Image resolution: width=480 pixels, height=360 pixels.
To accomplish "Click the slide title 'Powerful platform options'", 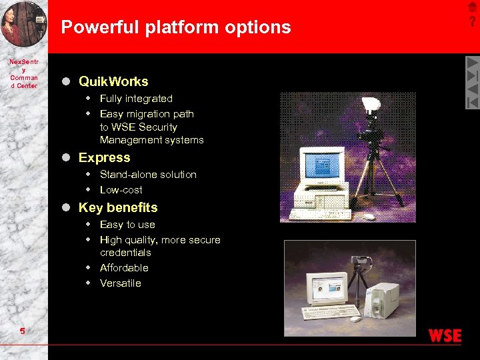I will pos(176,27).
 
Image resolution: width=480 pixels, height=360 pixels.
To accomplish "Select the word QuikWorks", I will pos(113,81).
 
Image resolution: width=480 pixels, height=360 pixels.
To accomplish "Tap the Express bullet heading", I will pos(104,157).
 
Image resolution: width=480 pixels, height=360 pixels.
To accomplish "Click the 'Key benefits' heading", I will pos(118,207).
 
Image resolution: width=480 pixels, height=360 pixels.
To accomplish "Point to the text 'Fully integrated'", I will pos(136,99).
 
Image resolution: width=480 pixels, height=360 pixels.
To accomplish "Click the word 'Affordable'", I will pos(124,268).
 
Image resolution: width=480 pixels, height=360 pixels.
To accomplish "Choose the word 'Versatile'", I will pos(120,283).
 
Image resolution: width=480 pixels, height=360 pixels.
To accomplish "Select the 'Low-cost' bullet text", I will pos(121,190).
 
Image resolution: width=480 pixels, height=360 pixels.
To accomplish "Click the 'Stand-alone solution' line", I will pos(148,175).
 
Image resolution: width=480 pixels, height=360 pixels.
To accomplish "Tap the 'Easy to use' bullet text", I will pos(127,225).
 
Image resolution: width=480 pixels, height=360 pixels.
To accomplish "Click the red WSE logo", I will pos(445,336).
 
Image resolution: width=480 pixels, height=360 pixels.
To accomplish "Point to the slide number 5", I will pos(23,331).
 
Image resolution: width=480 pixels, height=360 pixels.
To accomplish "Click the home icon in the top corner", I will pos(473,7).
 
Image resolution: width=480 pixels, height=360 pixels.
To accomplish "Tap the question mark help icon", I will pos(473,22).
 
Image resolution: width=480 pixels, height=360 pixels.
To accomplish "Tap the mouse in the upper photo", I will pos(369,215).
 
